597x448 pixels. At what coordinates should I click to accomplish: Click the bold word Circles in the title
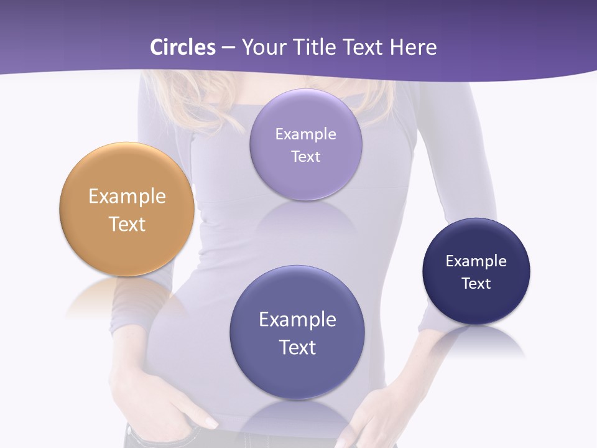point(183,47)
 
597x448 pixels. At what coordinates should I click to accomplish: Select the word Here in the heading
point(413,47)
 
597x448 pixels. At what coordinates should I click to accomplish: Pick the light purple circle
point(306,180)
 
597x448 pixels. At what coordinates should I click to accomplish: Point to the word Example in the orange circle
point(127,197)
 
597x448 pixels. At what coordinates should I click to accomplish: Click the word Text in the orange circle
point(127,224)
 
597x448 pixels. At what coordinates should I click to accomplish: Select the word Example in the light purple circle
point(306,134)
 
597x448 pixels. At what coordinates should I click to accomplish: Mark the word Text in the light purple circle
point(306,156)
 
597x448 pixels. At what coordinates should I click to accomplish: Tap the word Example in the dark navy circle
point(476,261)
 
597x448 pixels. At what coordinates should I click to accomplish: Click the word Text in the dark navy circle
point(476,283)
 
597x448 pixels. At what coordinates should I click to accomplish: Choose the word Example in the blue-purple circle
point(297,319)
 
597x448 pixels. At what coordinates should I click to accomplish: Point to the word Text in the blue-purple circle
point(297,347)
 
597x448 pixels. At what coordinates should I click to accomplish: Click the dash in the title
point(228,47)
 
